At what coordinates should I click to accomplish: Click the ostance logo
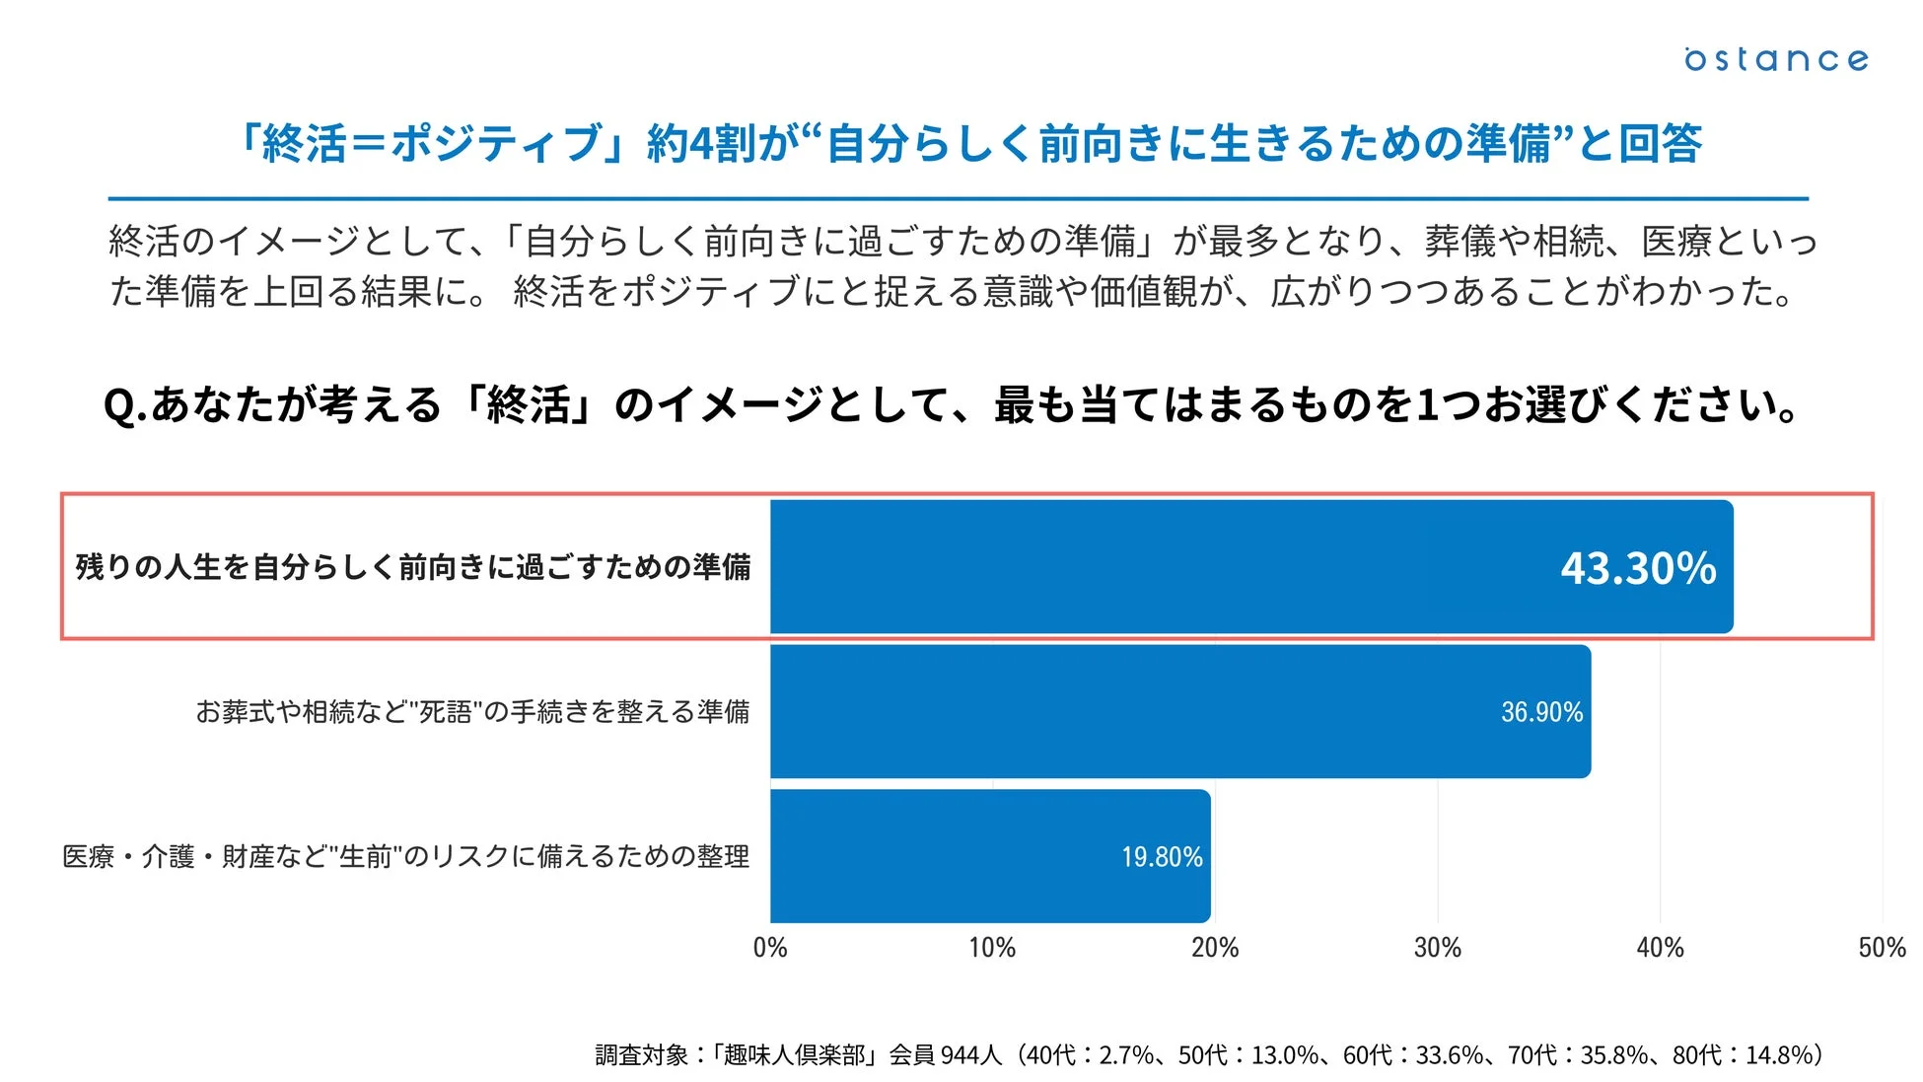click(1775, 59)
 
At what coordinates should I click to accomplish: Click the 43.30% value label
click(1638, 568)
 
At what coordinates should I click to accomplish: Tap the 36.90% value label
click(1541, 712)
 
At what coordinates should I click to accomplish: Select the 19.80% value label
click(1162, 856)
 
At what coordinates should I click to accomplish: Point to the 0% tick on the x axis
click(770, 948)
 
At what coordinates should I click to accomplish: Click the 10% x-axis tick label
click(992, 948)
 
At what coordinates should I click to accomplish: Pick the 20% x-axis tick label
click(1215, 948)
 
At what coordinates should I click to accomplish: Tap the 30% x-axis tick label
click(1437, 948)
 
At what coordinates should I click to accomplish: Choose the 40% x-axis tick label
click(1660, 948)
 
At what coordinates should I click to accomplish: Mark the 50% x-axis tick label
click(1882, 948)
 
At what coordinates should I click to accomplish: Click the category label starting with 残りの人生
click(413, 567)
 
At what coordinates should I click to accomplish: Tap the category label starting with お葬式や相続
click(472, 711)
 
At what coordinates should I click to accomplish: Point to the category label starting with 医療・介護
click(405, 856)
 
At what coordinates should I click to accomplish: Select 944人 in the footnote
click(970, 1055)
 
